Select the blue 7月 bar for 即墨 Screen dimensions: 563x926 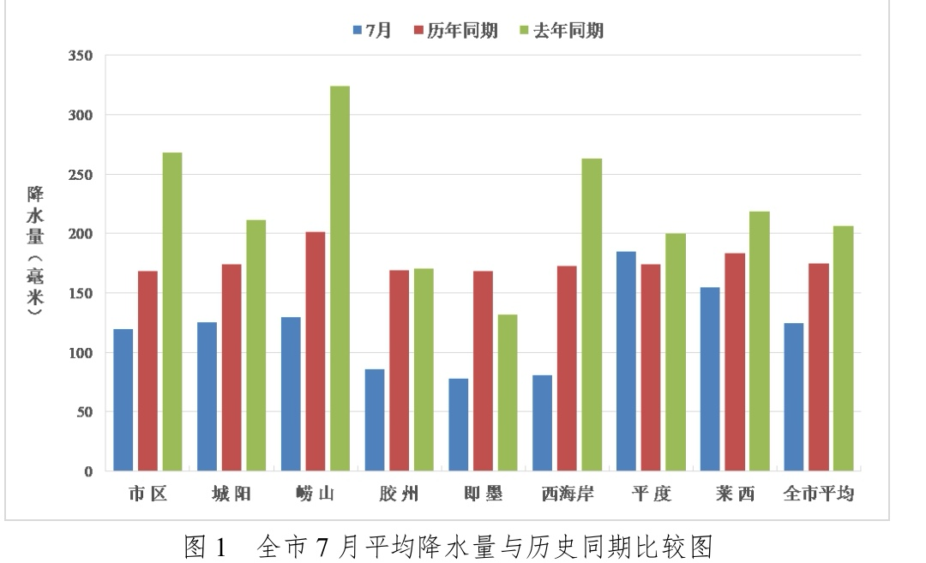click(460, 424)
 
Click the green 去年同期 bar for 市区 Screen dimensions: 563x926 click(172, 312)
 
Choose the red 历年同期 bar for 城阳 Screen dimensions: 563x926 click(231, 368)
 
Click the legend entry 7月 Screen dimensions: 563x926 click(372, 31)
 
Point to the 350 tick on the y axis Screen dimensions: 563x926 click(81, 56)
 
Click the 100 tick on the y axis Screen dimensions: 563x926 click(81, 352)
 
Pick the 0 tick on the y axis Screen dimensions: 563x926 click(88, 471)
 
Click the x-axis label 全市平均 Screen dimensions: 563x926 click(819, 494)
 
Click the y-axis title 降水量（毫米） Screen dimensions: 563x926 click(35, 253)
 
